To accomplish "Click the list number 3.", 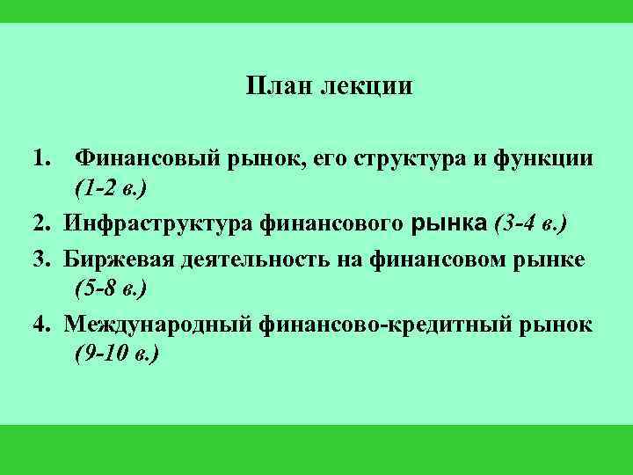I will (41, 259).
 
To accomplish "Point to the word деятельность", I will (252, 259).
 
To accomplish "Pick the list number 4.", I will (41, 325).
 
